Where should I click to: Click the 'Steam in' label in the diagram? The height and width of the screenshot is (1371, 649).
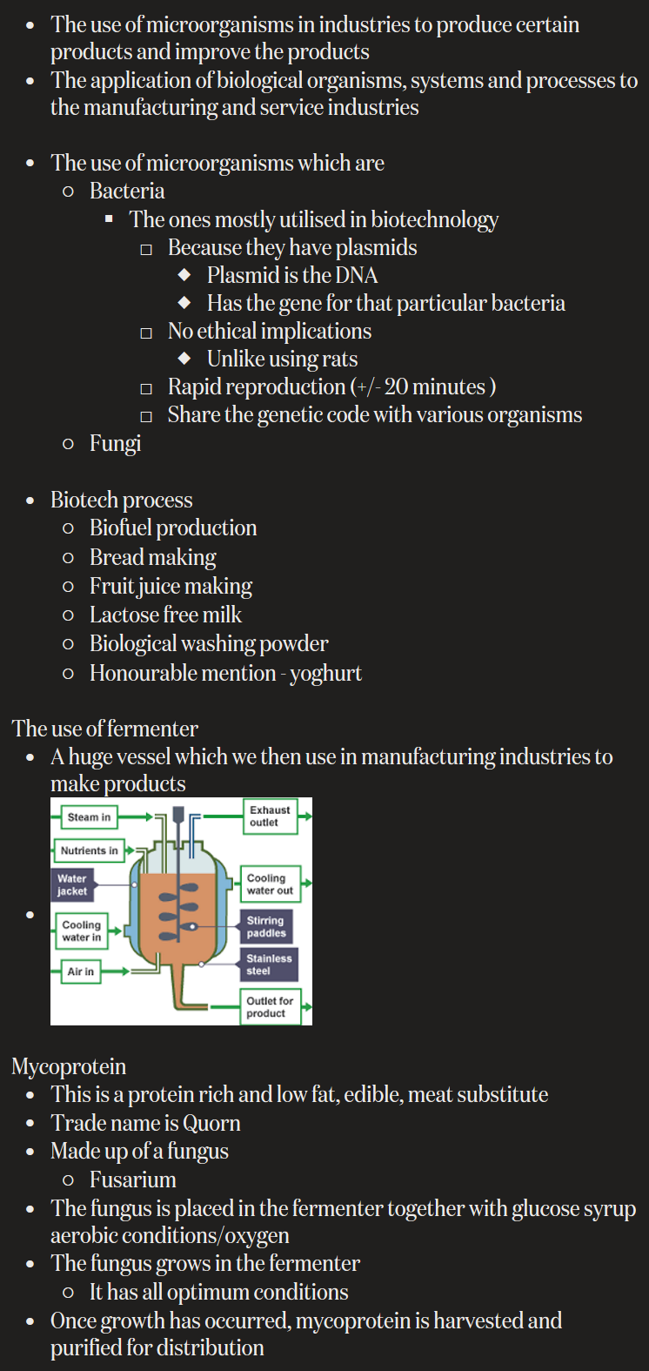89,817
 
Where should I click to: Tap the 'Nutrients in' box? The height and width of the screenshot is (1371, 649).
89,850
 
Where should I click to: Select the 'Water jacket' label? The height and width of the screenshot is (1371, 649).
72,884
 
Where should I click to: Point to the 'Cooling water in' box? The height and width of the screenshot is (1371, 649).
81,931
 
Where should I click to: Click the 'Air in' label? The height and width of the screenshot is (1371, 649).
81,971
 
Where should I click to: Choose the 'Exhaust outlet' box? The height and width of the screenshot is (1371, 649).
269,816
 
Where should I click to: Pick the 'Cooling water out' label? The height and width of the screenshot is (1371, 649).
270,884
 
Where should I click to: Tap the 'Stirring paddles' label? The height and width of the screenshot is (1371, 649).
265,926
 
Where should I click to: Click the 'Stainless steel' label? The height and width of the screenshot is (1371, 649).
269,964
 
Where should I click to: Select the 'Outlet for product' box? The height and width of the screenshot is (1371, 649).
269,1007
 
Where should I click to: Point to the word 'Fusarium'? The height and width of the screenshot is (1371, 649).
133,1179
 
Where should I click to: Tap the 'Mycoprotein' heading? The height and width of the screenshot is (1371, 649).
69,1066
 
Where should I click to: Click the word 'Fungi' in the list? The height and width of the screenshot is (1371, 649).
115,443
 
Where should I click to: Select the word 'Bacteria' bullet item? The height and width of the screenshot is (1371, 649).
127,191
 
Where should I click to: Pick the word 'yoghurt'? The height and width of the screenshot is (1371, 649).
325,673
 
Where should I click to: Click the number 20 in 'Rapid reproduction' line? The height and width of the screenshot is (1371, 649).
397,386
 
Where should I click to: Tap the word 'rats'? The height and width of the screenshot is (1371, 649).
338,359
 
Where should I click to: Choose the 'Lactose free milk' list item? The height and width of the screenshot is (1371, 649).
165,615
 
